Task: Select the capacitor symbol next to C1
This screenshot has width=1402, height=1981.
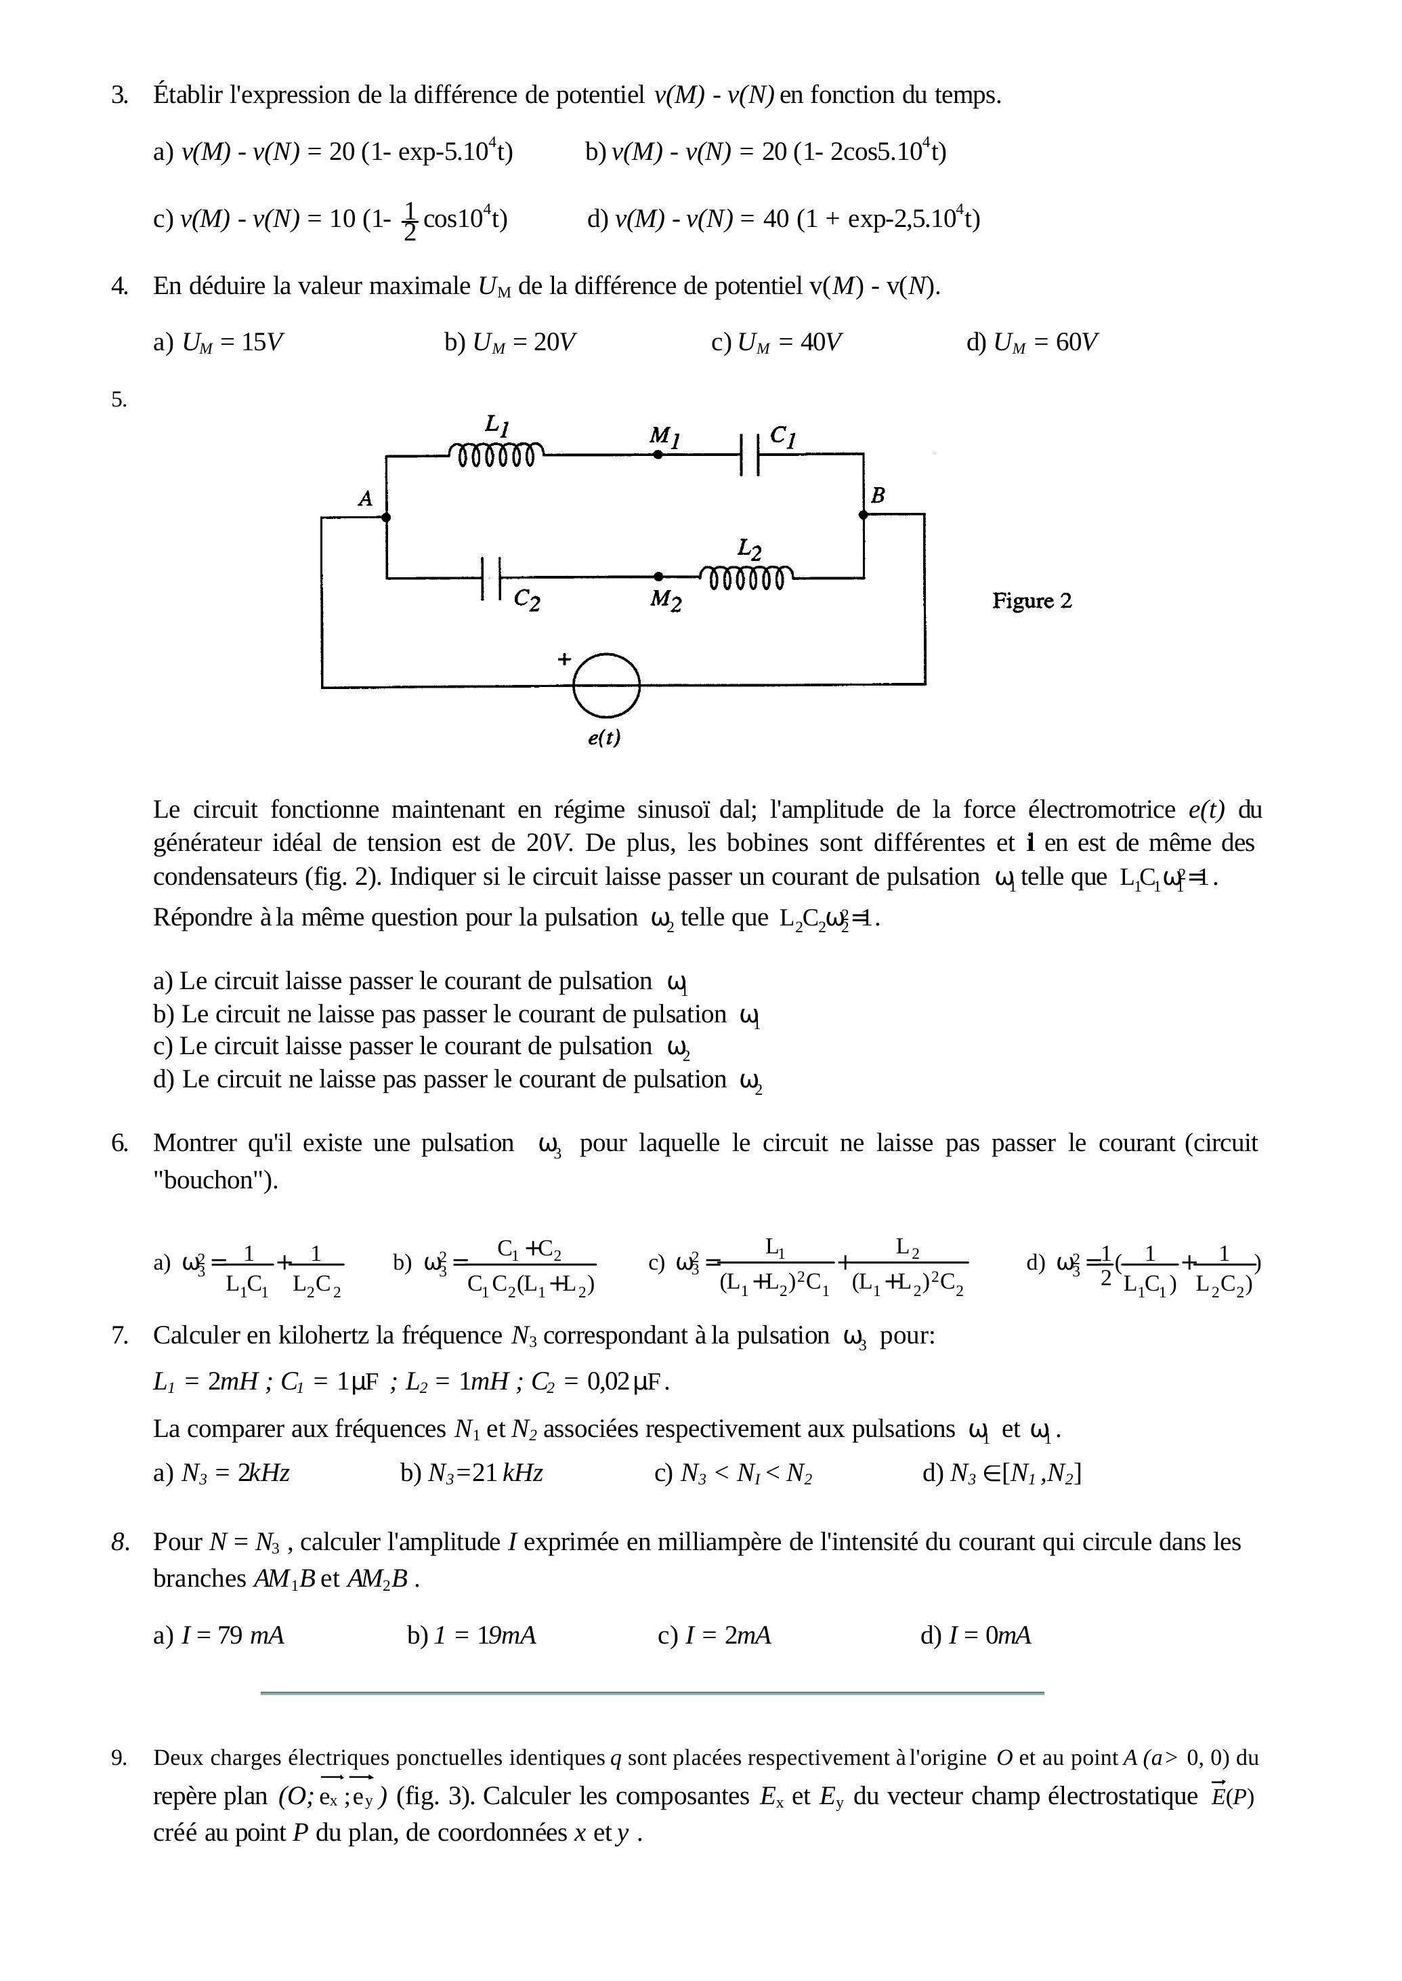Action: (749, 454)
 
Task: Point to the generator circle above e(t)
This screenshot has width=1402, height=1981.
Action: (606, 685)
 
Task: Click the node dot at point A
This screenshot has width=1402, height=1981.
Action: (386, 518)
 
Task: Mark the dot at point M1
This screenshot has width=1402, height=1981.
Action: (658, 454)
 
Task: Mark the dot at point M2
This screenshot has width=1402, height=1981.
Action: (659, 576)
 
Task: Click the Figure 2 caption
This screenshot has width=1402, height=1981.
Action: (1032, 601)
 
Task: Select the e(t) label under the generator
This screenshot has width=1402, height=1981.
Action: (604, 738)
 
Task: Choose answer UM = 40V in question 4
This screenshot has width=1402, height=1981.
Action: (777, 343)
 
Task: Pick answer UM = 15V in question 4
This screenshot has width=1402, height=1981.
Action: (219, 343)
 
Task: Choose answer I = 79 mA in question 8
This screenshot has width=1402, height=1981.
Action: (219, 1635)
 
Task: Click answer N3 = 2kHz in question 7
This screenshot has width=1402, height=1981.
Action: (222, 1474)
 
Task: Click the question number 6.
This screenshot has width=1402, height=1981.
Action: (119, 1144)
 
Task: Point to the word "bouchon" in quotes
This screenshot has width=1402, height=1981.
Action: (213, 1180)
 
